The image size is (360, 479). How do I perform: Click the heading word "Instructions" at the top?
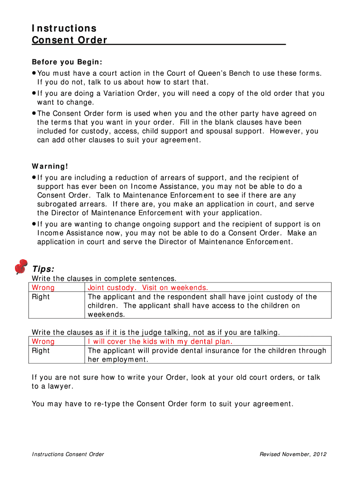(64, 29)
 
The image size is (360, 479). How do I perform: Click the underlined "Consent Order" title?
(70, 40)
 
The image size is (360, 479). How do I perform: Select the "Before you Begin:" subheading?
(67, 62)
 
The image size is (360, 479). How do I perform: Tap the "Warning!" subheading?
(50, 167)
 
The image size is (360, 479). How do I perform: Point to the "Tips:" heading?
(43, 269)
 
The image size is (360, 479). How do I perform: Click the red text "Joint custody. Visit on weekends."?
(148, 288)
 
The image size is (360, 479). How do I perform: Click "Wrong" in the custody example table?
(43, 288)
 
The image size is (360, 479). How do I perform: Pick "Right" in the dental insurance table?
(41, 351)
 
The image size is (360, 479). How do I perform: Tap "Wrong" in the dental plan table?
(43, 341)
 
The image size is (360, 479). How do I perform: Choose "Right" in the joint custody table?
(41, 297)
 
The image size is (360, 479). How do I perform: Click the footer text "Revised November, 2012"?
(293, 454)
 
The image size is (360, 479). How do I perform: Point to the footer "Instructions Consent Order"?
(68, 454)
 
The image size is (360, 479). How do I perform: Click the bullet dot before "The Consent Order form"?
(34, 113)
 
